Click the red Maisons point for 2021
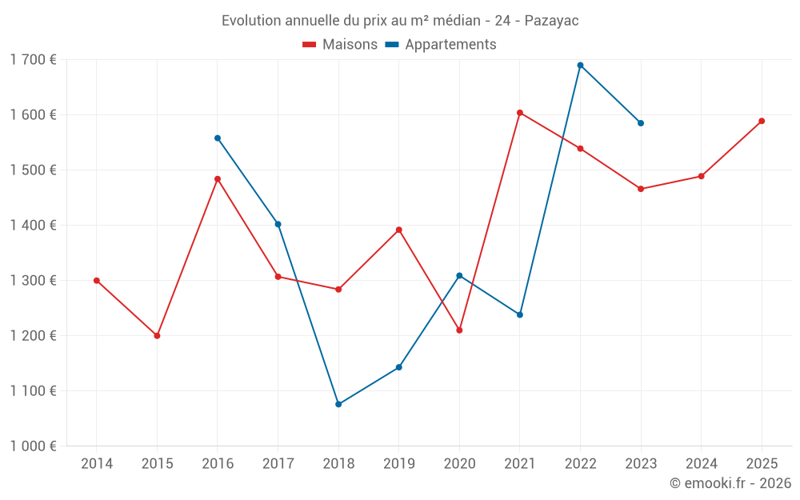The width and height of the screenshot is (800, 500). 520,113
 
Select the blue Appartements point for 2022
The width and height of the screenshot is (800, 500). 580,66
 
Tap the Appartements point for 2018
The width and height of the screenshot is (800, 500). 338,404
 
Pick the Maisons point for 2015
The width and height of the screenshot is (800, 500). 157,336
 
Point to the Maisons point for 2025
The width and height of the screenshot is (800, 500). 762,121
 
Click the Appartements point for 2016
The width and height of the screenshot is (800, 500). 218,138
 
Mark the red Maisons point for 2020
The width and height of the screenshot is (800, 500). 459,330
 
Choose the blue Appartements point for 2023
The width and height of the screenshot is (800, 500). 641,123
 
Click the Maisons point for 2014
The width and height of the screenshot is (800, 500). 97,281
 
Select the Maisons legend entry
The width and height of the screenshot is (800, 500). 340,45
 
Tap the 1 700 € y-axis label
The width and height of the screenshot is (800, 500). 33,59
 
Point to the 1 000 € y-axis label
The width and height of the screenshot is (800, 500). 33,446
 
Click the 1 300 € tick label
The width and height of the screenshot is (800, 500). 33,280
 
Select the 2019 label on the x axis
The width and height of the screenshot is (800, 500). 398,463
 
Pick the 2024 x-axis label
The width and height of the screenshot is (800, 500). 701,463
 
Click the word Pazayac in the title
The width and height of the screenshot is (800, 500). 551,21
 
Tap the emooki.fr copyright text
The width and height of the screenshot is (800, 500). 730,483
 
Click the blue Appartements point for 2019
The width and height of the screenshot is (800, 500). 398,367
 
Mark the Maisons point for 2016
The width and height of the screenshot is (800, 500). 218,179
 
